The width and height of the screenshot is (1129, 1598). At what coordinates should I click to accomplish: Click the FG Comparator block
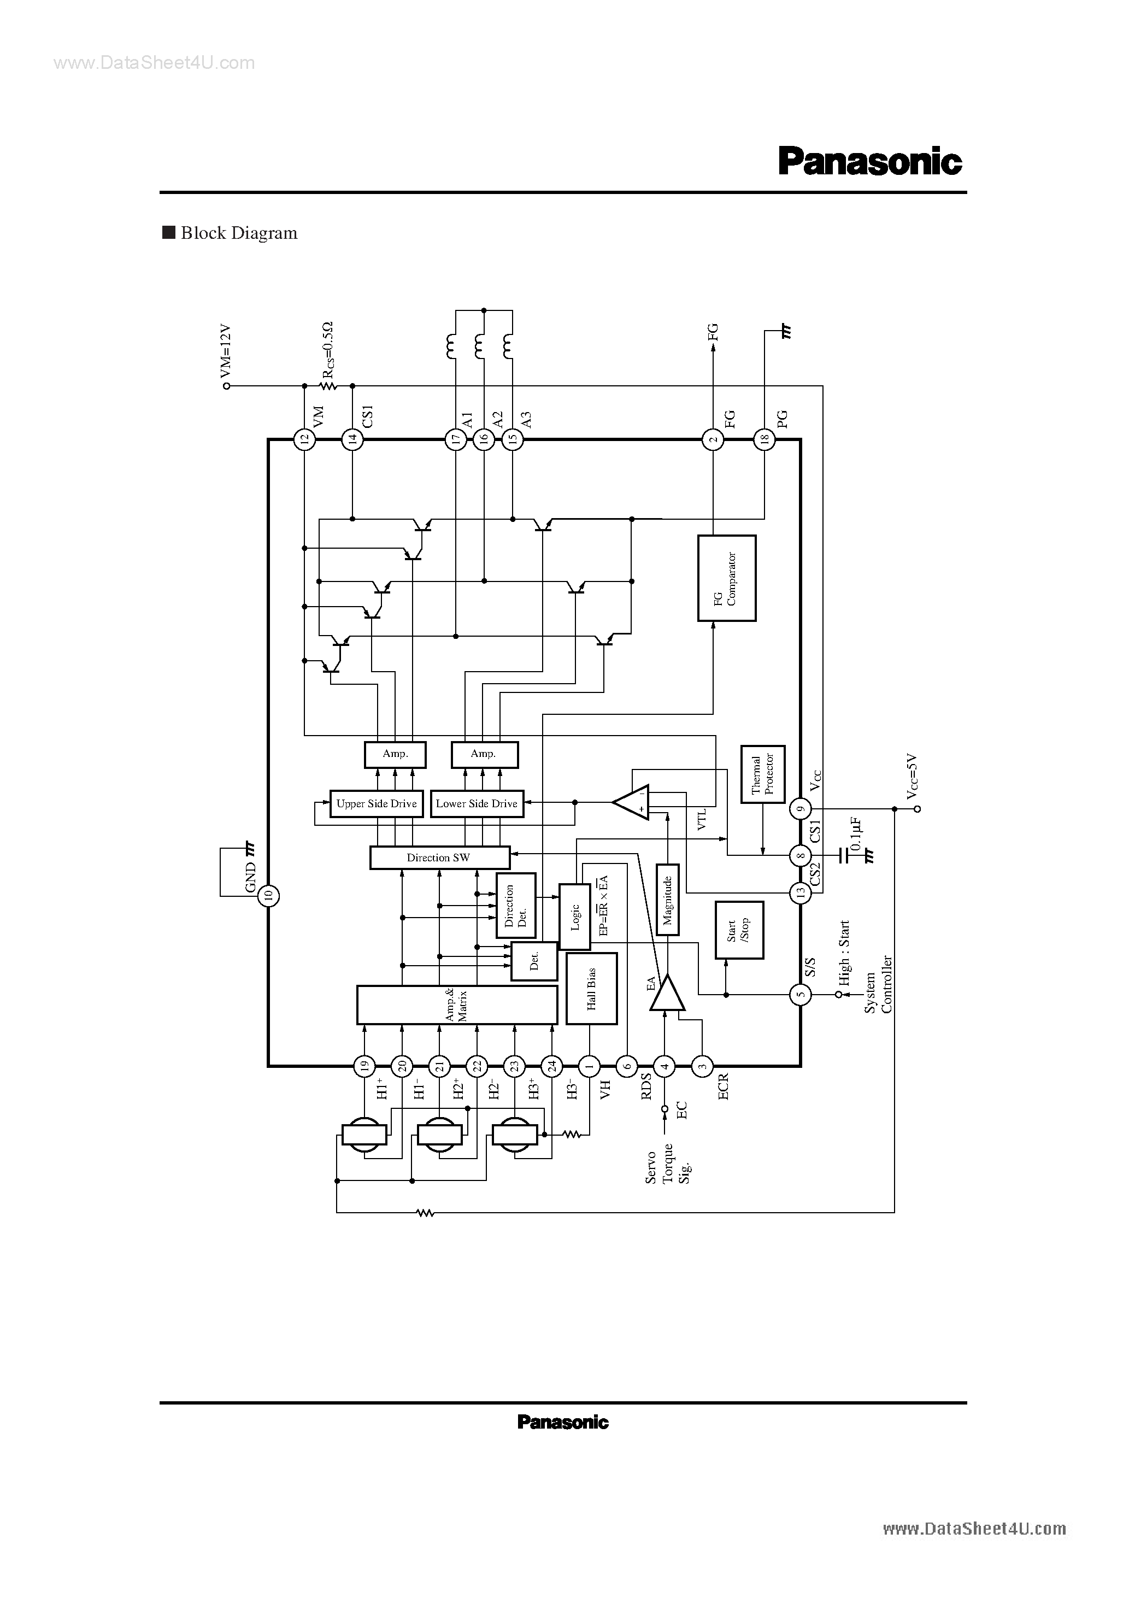tap(727, 578)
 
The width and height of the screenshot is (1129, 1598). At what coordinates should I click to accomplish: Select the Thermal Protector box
tap(763, 774)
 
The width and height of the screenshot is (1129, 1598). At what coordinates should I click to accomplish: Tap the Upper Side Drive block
tap(376, 803)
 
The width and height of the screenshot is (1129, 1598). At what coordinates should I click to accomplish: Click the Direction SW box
tap(439, 857)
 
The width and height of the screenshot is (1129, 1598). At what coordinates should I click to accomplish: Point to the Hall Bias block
tap(591, 988)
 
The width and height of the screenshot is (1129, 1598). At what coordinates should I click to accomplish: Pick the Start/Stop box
tap(739, 930)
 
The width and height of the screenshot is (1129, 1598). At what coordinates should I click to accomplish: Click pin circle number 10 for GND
tap(269, 896)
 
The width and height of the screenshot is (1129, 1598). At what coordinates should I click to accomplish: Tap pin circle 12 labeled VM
tap(304, 439)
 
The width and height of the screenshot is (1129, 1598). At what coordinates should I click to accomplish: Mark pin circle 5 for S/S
tap(801, 995)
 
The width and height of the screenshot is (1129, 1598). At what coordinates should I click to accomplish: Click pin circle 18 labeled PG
tap(765, 439)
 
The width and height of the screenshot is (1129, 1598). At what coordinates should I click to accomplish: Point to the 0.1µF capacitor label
tap(856, 835)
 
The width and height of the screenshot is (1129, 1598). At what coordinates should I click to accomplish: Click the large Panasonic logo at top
tap(870, 161)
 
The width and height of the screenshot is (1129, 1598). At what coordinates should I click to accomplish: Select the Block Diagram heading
tap(239, 233)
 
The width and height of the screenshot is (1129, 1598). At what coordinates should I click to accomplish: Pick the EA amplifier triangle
tap(667, 994)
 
